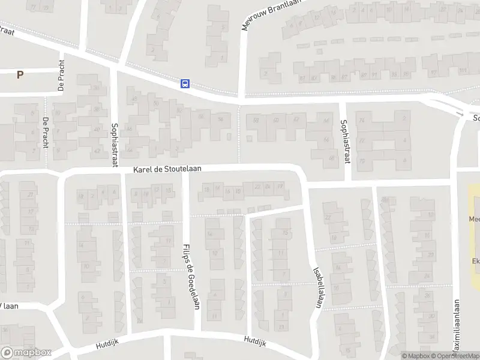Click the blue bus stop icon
tap(185, 84)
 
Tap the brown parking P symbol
tap(20, 75)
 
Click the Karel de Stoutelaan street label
tap(167, 170)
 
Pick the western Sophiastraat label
tap(115, 145)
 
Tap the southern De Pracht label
tap(45, 133)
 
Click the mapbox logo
tap(26, 353)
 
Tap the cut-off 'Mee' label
tap(475, 219)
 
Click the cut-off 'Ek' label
tap(476, 261)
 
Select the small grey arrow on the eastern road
tap(460, 112)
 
